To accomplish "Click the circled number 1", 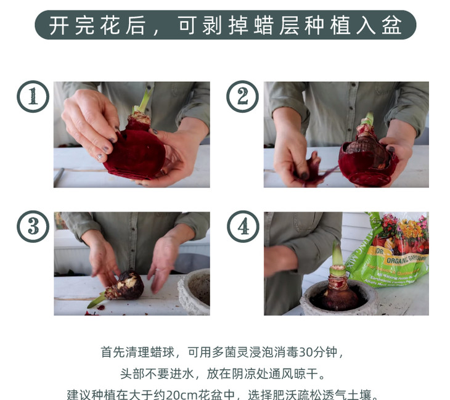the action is [33, 96].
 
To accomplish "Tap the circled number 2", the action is [242, 96].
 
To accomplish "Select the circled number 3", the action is [33, 226].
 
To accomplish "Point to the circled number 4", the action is [243, 226].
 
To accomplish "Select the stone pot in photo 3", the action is [194, 292].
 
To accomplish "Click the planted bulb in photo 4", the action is [340, 296].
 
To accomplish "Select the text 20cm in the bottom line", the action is [181, 395].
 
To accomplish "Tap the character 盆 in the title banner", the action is [391, 25].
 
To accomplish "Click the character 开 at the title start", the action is [59, 25].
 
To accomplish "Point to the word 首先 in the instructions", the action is [113, 352].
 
